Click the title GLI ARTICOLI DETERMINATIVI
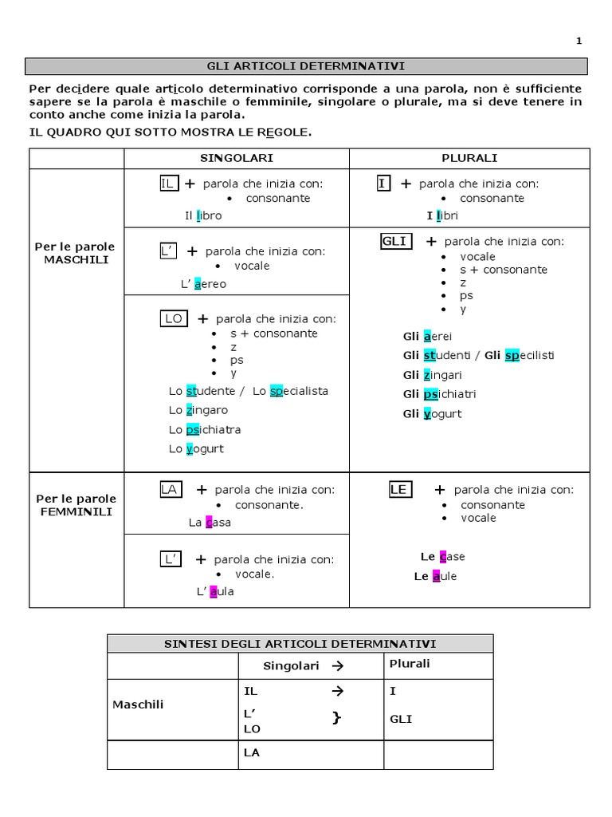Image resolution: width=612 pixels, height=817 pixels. pyautogui.click(x=307, y=66)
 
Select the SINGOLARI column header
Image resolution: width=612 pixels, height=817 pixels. pyautogui.click(x=236, y=158)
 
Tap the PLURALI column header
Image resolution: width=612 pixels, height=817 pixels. pyautogui.click(x=469, y=158)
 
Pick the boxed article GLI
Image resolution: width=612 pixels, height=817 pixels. pyautogui.click(x=396, y=241)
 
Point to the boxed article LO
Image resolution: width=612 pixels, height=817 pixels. pyautogui.click(x=174, y=319)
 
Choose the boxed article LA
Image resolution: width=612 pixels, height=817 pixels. pyautogui.click(x=170, y=489)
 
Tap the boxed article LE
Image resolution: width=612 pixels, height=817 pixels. pyautogui.click(x=399, y=489)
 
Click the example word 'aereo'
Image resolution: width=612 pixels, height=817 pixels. pyautogui.click(x=210, y=284)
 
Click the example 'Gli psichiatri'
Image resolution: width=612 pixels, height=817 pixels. pyautogui.click(x=440, y=394)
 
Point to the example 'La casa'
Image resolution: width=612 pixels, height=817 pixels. pyautogui.click(x=210, y=523)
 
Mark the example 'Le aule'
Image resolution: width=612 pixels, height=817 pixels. pyautogui.click(x=435, y=576)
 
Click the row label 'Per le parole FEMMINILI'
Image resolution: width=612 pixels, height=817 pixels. pyautogui.click(x=76, y=505)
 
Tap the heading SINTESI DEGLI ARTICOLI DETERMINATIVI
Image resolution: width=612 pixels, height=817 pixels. pyautogui.click(x=300, y=644)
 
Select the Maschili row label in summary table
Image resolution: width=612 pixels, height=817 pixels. pyautogui.click(x=138, y=705)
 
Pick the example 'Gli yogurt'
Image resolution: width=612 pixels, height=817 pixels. pyautogui.click(x=432, y=413)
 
